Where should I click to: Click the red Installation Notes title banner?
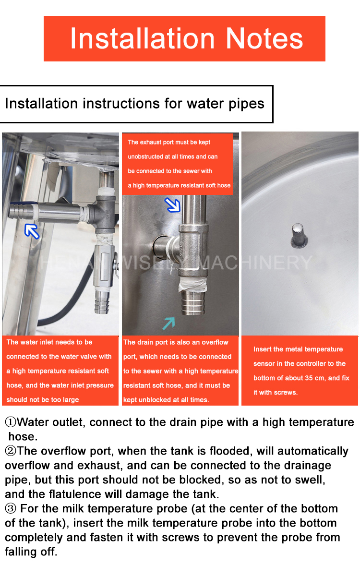(x=184, y=38)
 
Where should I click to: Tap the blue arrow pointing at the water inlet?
(x=32, y=230)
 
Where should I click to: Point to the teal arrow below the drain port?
(x=168, y=323)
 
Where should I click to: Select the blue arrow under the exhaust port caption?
(x=172, y=204)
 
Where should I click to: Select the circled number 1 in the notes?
(x=10, y=422)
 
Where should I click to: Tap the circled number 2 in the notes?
(x=10, y=451)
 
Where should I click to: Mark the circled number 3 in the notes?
(x=10, y=509)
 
